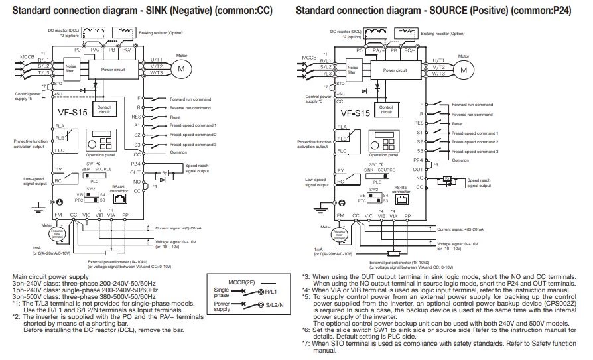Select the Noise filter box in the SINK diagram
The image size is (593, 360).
tap(72, 69)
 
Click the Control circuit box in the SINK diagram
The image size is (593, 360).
tap(104, 109)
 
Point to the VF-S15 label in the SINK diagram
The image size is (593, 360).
tap(72, 113)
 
